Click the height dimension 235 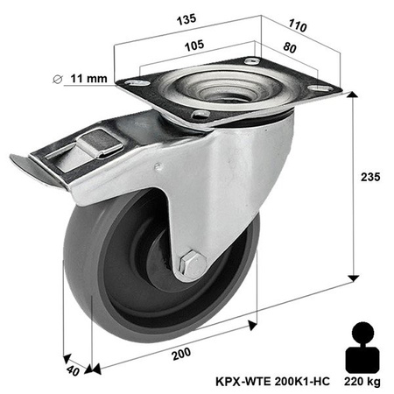coord(370,178)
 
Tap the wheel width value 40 coord(74,371)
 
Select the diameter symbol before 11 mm coord(59,80)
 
